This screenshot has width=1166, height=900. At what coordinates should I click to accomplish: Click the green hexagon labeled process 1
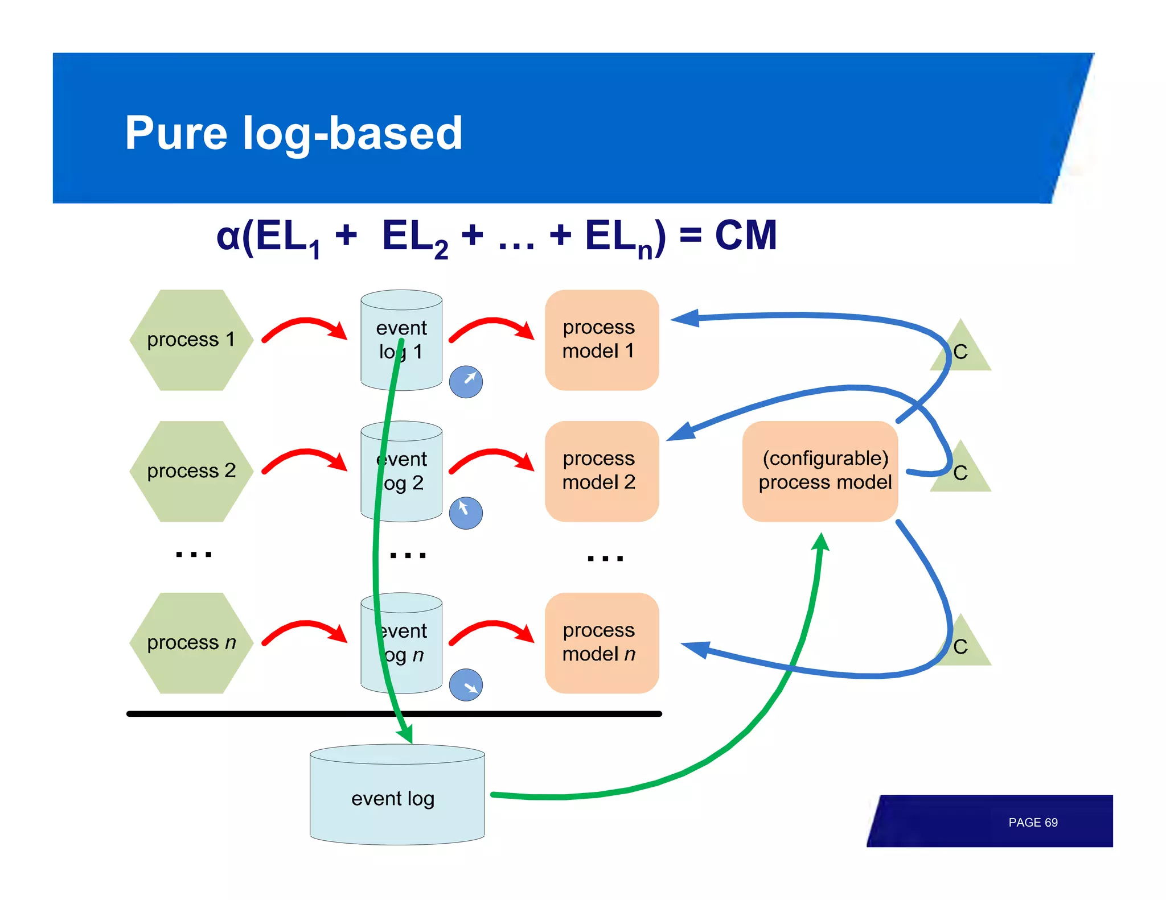[x=191, y=340]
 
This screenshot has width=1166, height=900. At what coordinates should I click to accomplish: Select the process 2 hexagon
[x=191, y=471]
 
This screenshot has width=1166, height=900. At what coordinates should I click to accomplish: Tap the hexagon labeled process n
[x=191, y=643]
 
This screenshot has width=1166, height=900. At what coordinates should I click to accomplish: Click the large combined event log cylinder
[x=397, y=796]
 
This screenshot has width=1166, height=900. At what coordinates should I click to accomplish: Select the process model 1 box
[x=601, y=340]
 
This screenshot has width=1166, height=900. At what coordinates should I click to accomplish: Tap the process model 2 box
[x=601, y=471]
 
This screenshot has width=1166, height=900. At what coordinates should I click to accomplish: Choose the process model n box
[x=601, y=643]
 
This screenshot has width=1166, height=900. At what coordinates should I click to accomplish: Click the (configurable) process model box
[x=820, y=471]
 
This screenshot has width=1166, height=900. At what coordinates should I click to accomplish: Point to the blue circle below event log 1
[x=466, y=381]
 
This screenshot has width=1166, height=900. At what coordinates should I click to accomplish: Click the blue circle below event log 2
[x=466, y=513]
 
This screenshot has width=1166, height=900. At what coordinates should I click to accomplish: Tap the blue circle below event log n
[x=466, y=685]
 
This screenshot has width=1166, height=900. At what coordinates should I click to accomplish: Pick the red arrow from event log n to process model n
[x=492, y=629]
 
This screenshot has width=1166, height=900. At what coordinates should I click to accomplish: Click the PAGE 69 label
[x=1032, y=823]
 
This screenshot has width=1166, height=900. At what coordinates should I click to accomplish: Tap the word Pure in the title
[x=175, y=133]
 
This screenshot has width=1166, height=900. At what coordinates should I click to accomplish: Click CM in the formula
[x=745, y=236]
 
